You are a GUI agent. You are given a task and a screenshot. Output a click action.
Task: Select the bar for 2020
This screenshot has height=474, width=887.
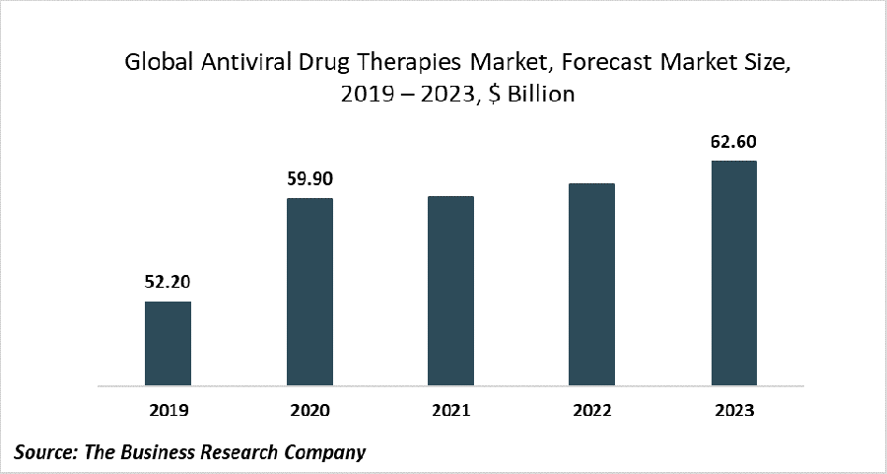pos(309,292)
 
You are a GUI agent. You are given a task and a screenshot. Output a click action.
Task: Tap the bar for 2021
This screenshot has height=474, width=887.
pos(450,291)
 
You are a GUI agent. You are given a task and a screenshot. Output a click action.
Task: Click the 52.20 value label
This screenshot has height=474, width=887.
pos(168,282)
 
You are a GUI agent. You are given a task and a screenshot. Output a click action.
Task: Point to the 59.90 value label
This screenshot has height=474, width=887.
pos(309,179)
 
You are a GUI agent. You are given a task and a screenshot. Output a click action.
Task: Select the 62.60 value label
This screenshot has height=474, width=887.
pos(733,142)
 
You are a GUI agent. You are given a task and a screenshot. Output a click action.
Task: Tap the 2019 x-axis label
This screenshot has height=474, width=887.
pos(168,409)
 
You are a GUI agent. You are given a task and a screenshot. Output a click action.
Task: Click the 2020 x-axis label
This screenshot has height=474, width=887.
pos(309,409)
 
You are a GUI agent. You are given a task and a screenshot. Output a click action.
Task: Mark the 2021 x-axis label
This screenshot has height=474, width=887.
pos(450,409)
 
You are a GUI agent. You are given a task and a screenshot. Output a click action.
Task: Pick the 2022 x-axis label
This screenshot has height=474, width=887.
pos(591,409)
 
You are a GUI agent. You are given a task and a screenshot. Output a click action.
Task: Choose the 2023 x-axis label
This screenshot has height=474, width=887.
pos(733,409)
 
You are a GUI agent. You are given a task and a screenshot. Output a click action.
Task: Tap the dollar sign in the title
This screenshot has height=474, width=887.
pos(487,96)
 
